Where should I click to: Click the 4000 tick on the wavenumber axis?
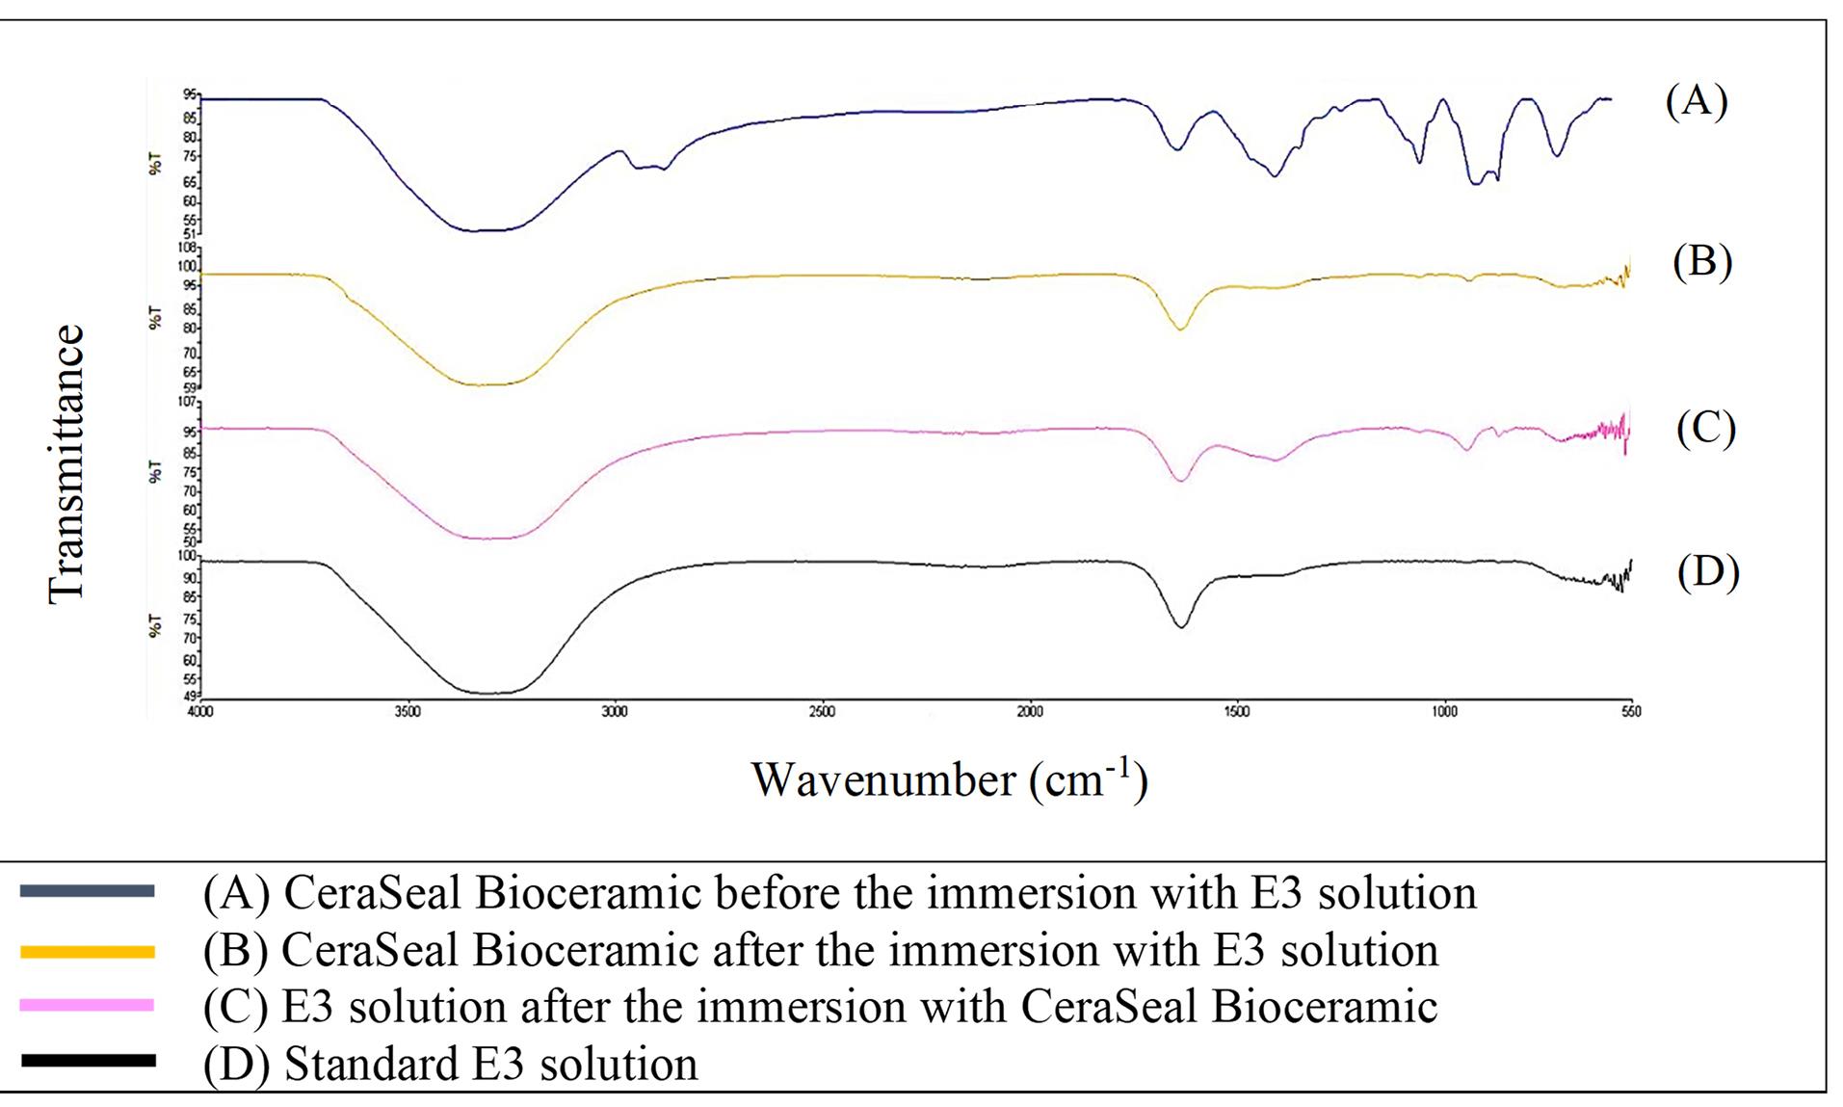point(200,712)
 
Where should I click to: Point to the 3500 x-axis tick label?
point(408,712)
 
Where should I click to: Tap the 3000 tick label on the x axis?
point(615,712)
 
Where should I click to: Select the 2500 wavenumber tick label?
point(822,712)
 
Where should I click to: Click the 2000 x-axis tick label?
point(1030,712)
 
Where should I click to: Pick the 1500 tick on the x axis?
point(1237,712)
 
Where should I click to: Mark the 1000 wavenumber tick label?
point(1444,712)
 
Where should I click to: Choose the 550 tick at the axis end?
point(1631,712)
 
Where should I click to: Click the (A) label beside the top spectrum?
point(1697,100)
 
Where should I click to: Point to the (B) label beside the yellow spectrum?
point(1702,261)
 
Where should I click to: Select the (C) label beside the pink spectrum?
point(1706,427)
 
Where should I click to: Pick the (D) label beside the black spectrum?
point(1708,572)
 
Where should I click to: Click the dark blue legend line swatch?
point(87,891)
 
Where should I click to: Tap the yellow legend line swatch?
point(87,952)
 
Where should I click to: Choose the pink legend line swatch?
point(87,1006)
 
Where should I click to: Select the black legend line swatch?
point(87,1061)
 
